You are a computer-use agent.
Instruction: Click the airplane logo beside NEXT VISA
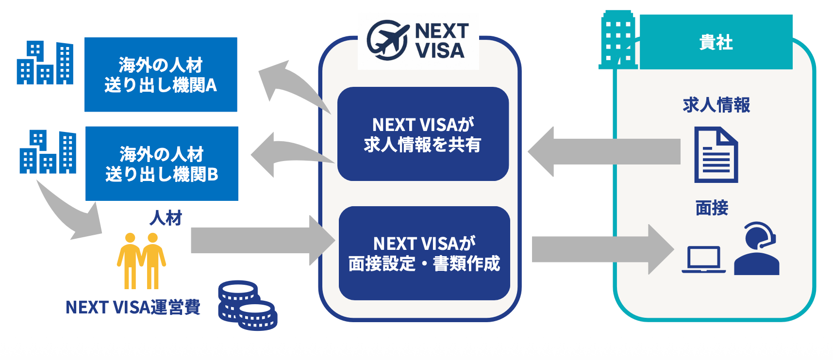click(387, 40)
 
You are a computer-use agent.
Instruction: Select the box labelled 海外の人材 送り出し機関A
click(161, 75)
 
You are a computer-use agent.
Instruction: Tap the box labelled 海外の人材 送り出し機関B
click(162, 164)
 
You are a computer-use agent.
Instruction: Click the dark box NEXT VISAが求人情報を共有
click(423, 134)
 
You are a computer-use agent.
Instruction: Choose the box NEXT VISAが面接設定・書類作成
click(424, 253)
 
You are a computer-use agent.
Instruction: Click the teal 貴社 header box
click(716, 42)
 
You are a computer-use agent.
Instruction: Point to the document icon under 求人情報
click(716, 155)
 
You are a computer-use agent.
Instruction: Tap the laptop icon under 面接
click(703, 260)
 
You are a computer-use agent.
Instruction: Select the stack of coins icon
click(247, 306)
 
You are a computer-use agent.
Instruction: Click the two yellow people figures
click(141, 261)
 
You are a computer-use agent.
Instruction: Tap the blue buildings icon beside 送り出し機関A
click(45, 63)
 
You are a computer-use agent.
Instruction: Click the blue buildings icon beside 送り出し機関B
click(48, 152)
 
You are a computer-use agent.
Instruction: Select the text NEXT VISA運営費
click(133, 307)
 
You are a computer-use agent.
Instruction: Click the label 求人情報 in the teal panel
click(716, 105)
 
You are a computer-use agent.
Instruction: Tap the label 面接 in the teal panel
click(712, 208)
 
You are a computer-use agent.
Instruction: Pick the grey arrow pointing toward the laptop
click(602, 249)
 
